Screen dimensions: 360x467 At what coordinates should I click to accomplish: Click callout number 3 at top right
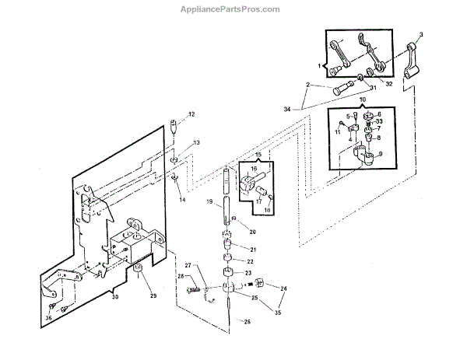tap(421, 35)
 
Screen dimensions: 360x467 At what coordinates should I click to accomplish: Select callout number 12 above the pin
tap(191, 115)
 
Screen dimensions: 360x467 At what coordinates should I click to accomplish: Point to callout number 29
tap(154, 298)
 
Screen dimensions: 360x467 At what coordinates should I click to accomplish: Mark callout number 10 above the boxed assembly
tap(363, 100)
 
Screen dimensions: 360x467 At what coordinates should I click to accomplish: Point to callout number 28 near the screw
tap(181, 277)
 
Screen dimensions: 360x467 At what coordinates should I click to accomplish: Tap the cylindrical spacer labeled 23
tap(229, 273)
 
